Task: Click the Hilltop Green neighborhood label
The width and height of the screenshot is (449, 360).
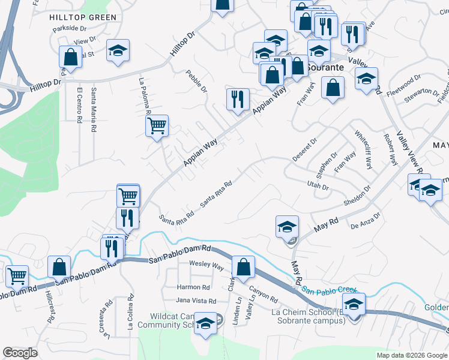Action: (x=83, y=17)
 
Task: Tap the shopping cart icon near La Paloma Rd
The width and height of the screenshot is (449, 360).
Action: (x=157, y=126)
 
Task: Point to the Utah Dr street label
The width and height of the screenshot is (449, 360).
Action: (x=318, y=186)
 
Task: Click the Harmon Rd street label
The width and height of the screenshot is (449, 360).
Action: (x=193, y=287)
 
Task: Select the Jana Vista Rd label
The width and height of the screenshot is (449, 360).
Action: (x=196, y=300)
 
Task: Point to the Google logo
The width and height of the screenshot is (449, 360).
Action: (x=20, y=352)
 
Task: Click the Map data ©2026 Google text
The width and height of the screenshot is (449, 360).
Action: (x=411, y=355)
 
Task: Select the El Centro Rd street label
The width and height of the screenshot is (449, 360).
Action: (x=79, y=106)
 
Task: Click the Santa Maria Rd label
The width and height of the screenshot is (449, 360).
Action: (x=93, y=110)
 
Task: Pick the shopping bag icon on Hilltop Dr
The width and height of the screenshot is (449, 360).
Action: (x=70, y=58)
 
